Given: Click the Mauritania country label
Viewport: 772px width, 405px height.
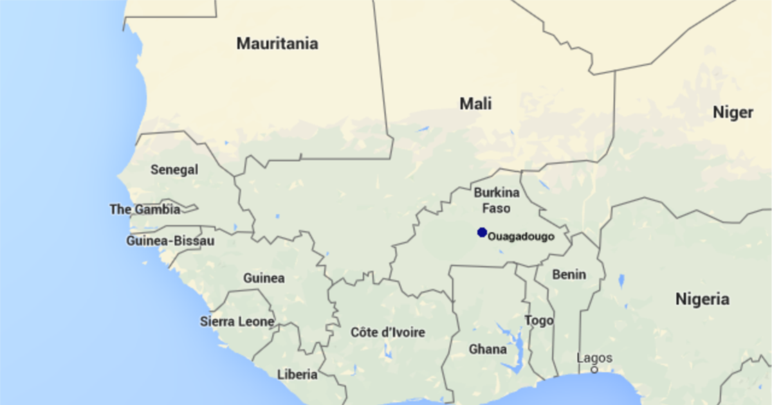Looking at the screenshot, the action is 277,44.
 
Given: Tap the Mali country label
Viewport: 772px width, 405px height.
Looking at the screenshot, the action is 475,103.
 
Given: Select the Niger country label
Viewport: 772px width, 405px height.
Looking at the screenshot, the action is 733,113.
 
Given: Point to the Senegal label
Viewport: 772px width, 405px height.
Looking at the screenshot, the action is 174,170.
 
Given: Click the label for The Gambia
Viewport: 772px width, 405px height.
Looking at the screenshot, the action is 145,209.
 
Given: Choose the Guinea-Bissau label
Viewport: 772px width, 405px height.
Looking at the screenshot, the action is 170,241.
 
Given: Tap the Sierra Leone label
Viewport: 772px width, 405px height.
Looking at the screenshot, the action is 237,321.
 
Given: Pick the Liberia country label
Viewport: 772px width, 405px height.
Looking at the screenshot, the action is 297,374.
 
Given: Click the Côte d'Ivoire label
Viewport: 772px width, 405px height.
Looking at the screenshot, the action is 388,332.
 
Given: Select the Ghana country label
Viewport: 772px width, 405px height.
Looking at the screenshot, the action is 488,350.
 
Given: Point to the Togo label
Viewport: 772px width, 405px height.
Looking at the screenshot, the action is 539,320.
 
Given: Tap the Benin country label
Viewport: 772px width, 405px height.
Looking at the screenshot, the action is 569,274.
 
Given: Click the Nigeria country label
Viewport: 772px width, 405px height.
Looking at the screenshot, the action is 703,299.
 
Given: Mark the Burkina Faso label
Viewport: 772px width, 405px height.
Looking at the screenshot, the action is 492,200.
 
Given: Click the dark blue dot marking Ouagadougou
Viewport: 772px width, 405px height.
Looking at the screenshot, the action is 482,232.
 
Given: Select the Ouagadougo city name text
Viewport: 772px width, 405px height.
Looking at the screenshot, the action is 521,237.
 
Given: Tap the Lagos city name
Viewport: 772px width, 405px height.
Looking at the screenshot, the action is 594,358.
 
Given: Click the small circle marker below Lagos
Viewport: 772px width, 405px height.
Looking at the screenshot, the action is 594,370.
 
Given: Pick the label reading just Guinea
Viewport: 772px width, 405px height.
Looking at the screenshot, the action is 264,278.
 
